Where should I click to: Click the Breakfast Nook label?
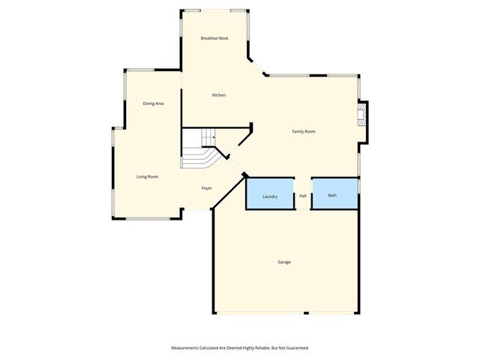214,37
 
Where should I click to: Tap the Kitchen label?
219,95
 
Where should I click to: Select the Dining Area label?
154,103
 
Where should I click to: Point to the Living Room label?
147,177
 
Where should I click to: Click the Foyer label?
207,188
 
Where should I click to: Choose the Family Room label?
304,131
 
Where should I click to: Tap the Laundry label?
270,196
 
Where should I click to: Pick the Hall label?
303,196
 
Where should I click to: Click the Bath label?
332,196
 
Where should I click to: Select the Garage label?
284,262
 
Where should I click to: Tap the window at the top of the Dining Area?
139,70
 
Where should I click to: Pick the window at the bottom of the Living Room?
147,218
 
